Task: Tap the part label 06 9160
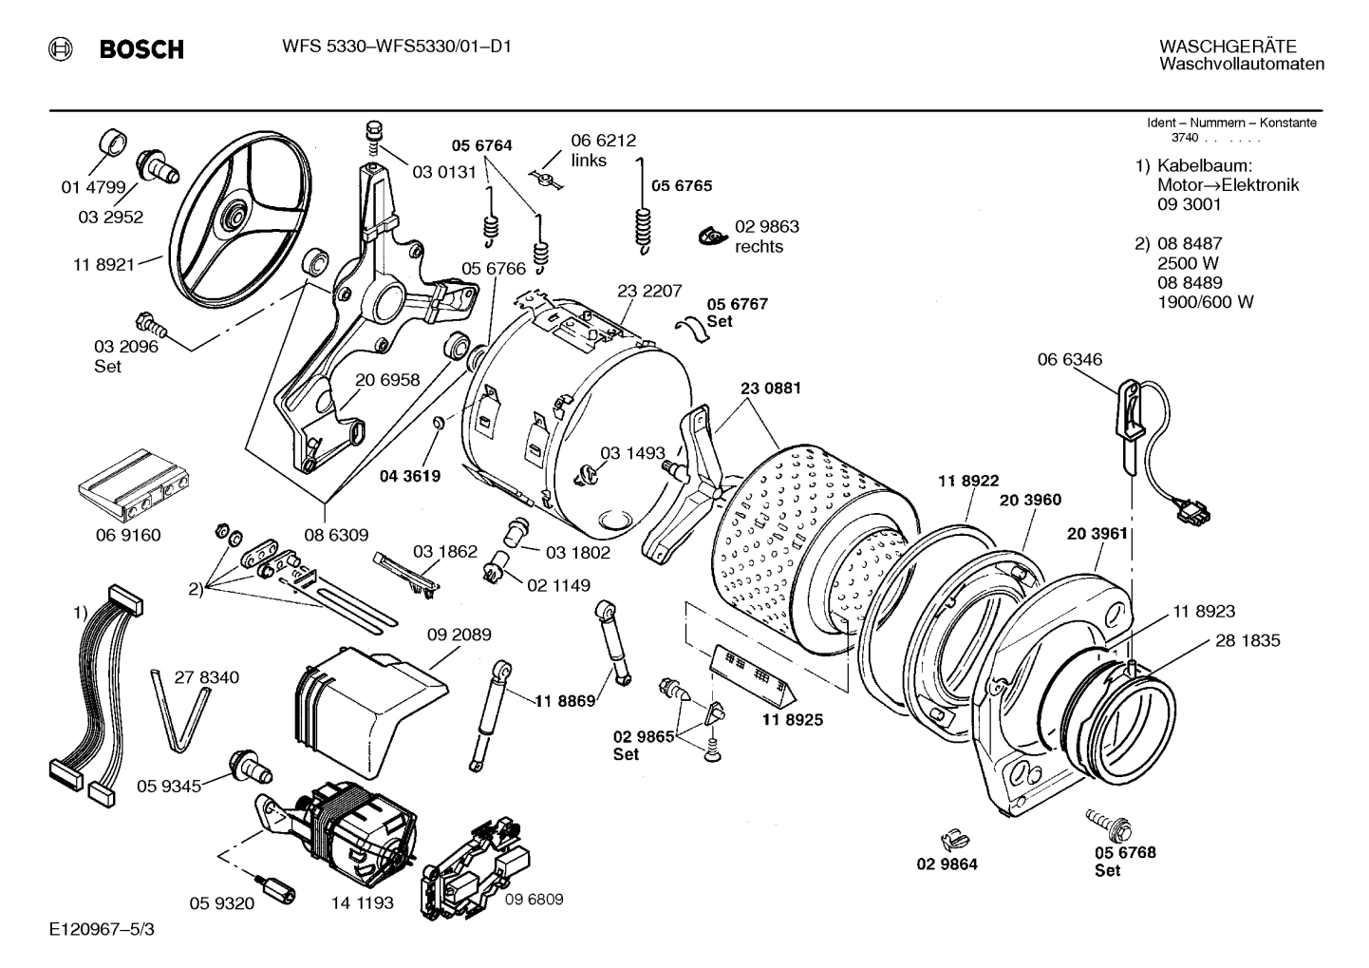(128, 535)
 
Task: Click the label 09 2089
(459, 635)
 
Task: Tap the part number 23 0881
(770, 388)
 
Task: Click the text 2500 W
(1188, 263)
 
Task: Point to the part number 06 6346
(1069, 359)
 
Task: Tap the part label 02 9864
(947, 864)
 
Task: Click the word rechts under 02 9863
(759, 246)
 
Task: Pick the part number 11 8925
(792, 719)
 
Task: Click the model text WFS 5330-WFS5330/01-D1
(396, 46)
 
